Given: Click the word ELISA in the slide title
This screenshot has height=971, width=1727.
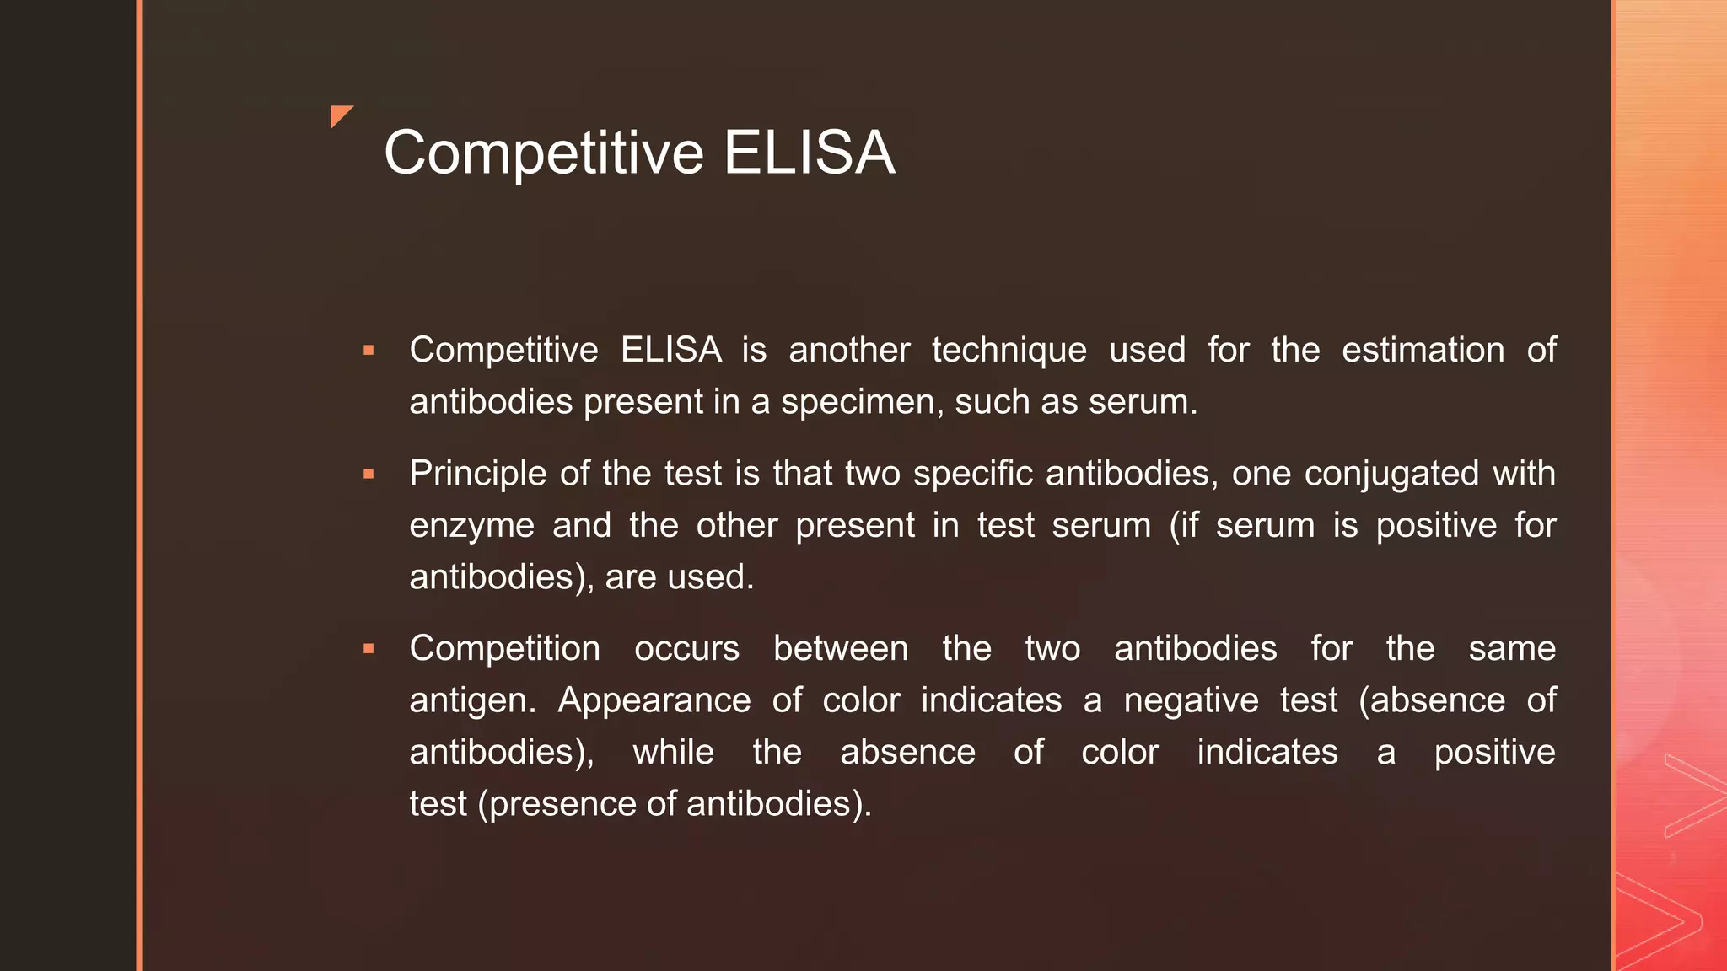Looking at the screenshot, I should click(809, 153).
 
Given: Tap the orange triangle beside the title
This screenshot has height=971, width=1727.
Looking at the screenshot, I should click(340, 115).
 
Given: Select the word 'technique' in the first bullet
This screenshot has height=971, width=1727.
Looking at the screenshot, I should click(1009, 350).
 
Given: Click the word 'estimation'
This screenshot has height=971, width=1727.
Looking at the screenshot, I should click(1423, 350).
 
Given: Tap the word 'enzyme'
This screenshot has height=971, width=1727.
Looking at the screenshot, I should click(471, 526).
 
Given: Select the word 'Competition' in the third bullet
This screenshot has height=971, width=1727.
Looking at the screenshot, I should click(504, 648).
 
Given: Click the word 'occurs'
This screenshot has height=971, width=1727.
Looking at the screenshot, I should click(686, 648).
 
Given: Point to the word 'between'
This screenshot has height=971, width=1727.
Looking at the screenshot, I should click(841, 648).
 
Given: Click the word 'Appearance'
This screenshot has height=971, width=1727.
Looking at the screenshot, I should click(654, 700).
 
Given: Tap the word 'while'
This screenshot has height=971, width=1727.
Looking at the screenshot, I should click(673, 752).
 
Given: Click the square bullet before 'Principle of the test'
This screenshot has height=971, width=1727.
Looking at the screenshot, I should click(369, 474).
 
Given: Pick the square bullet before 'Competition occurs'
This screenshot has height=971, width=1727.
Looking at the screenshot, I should click(369, 648).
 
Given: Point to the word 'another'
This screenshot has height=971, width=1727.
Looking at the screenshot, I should click(849, 350).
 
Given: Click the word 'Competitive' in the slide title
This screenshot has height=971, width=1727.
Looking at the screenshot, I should click(544, 153).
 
